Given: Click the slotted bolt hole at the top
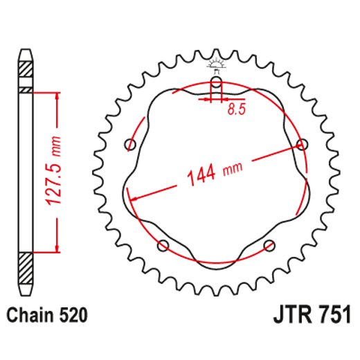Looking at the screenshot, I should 216,86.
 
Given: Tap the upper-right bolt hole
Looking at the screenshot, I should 301,144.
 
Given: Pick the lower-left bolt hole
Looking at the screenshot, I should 163,244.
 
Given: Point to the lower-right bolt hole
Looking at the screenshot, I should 269,244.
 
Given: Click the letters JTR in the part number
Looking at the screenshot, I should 285,316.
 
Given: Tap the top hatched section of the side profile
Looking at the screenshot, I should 25,70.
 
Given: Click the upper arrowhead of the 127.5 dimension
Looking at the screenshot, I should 56,94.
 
